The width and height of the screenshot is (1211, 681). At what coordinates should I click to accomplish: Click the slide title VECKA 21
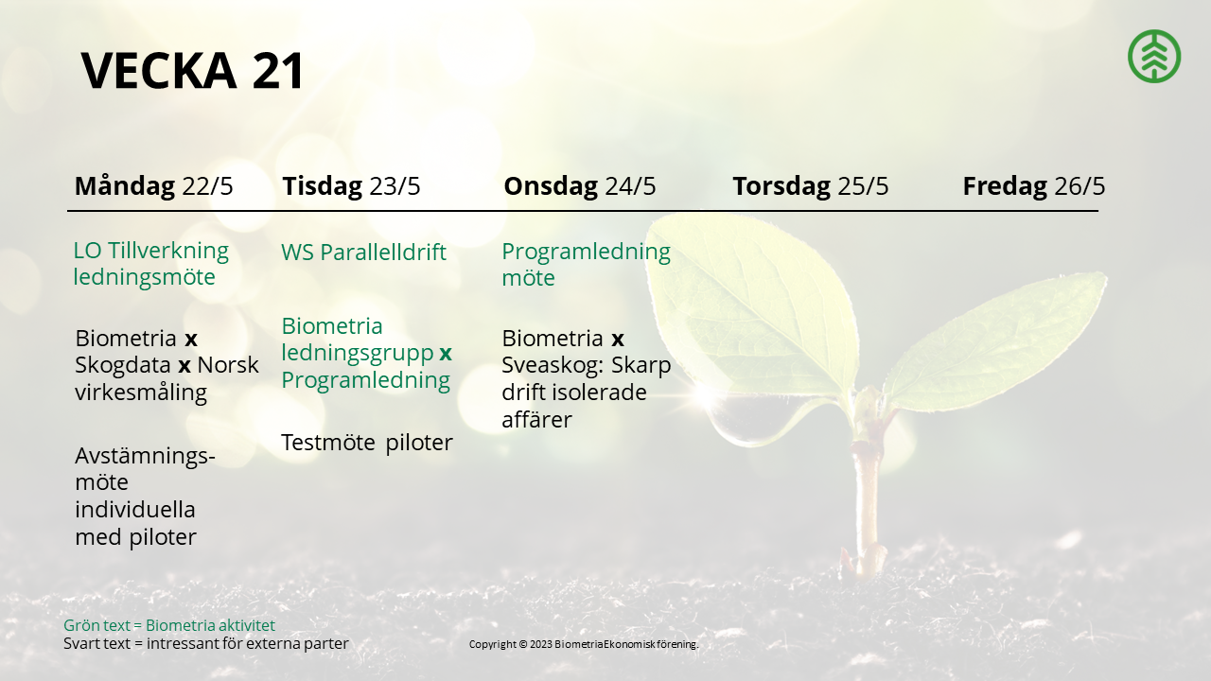[x=192, y=70]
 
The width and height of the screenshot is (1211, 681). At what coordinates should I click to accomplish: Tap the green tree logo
[x=1154, y=57]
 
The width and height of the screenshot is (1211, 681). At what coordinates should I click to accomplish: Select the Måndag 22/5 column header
[x=153, y=186]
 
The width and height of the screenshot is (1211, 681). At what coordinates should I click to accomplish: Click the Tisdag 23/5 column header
[x=351, y=186]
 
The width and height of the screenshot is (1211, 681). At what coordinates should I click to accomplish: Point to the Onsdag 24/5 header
[x=580, y=186]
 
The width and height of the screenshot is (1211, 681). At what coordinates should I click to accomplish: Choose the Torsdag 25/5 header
[x=811, y=186]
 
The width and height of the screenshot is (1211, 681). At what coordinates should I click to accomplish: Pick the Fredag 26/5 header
[x=1034, y=186]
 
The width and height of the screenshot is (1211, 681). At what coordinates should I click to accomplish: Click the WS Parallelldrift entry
[x=363, y=253]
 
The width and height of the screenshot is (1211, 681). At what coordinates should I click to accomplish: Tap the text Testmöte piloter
[x=366, y=443]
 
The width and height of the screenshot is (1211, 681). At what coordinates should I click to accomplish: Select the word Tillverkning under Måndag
[x=168, y=252]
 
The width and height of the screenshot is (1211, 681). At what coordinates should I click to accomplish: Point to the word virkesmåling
[x=141, y=393]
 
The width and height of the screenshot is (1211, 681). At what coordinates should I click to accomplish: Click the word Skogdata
[x=123, y=366]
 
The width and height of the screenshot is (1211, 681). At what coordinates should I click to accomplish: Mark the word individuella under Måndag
[x=134, y=510]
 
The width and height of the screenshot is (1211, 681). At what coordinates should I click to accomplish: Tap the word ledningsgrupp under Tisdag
[x=358, y=353]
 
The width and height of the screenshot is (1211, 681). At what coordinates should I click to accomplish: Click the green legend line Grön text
[x=169, y=625]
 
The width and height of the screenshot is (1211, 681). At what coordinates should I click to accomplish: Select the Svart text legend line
[x=206, y=644]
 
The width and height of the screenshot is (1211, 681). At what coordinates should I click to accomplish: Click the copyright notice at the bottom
[x=584, y=644]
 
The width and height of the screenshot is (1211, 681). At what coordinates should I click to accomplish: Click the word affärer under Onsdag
[x=536, y=420]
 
